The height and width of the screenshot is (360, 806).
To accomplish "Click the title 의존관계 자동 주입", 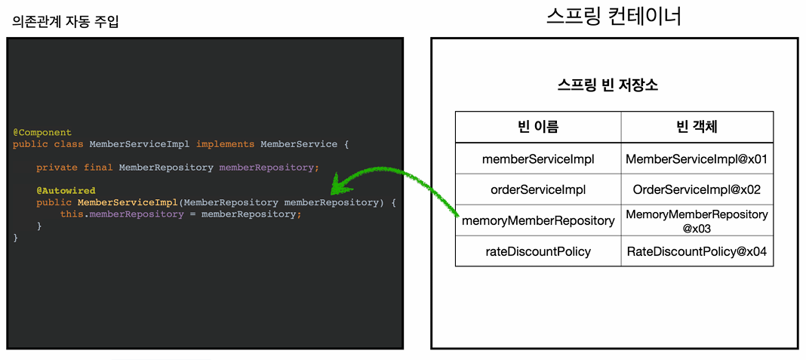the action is click(66, 21).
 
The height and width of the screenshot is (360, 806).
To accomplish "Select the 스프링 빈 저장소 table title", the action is click(607, 85).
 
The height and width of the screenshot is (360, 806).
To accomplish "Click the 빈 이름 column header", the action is click(538, 127).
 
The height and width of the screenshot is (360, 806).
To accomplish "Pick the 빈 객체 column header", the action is click(697, 127).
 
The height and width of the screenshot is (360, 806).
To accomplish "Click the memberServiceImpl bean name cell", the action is click(538, 158).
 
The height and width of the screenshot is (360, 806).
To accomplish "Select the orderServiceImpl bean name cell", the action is click(538, 189).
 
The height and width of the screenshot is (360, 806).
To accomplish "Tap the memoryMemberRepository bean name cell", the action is click(538, 220).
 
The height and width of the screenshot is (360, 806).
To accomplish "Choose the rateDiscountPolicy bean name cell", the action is click(538, 251).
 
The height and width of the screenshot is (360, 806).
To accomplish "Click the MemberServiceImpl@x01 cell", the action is click(697, 158).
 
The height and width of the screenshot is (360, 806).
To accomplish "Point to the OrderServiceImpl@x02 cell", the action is click(697, 189).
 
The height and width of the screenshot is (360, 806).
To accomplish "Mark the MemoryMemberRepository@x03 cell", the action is click(697, 220).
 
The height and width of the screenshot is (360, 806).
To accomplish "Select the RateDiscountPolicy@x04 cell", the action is click(697, 251).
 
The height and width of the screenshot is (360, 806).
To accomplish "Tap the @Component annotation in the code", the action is click(42, 132).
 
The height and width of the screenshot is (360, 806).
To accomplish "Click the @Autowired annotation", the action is click(66, 191).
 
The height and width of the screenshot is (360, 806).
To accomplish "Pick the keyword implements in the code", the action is click(225, 143).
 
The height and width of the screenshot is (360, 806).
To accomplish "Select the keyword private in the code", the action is click(57, 168).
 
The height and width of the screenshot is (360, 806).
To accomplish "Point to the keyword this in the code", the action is click(72, 214).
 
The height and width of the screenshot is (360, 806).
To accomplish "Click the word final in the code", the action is click(98, 168).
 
